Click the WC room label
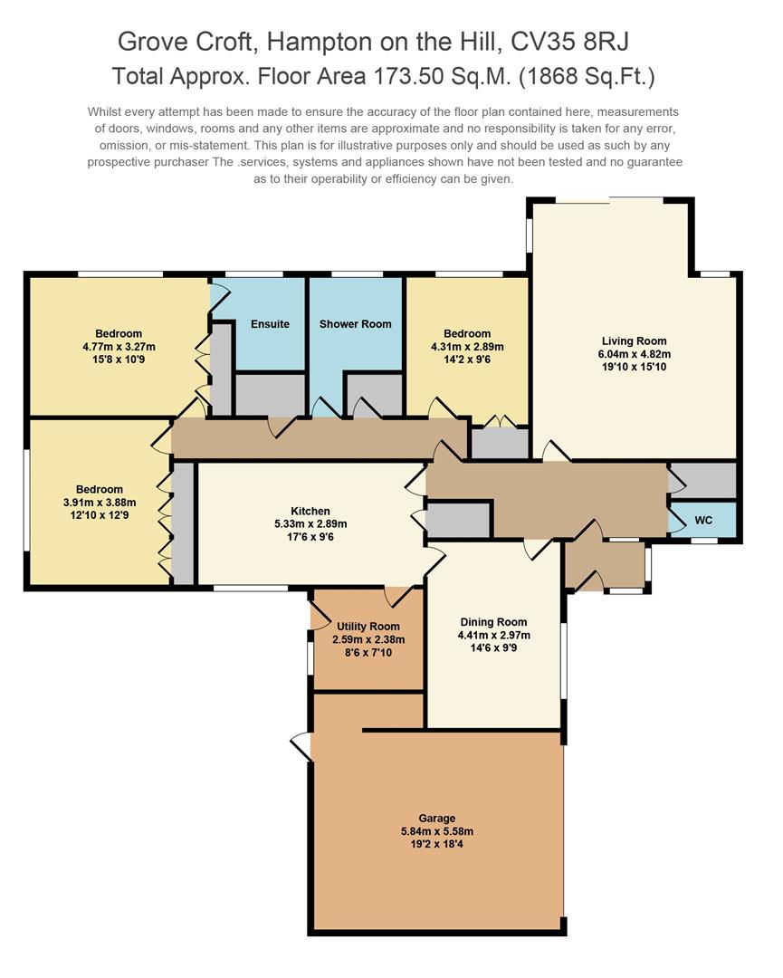click(x=704, y=522)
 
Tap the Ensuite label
click(x=270, y=324)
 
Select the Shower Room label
click(x=356, y=324)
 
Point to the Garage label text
click(x=437, y=818)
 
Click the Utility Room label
click(x=368, y=627)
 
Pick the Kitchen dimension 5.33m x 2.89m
click(x=310, y=523)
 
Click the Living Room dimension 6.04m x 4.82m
click(x=634, y=354)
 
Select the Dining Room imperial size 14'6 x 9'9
click(x=493, y=647)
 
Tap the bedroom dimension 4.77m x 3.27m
click(x=119, y=346)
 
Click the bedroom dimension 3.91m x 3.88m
click(x=100, y=503)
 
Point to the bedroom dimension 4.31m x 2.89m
click(x=467, y=346)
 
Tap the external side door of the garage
click(x=302, y=747)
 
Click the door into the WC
click(x=674, y=520)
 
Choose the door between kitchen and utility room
click(x=398, y=595)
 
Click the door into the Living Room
click(x=555, y=451)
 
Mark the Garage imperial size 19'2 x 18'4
click(x=437, y=844)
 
